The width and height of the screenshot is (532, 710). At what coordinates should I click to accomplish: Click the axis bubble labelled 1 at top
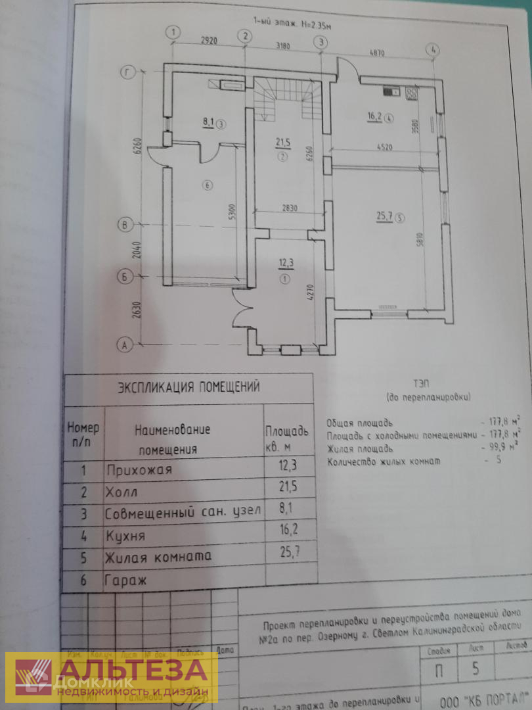pyautogui.click(x=173, y=32)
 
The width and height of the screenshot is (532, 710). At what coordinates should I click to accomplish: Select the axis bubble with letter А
pyautogui.click(x=122, y=344)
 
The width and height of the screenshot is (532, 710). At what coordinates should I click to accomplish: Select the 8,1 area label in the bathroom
pyautogui.click(x=210, y=122)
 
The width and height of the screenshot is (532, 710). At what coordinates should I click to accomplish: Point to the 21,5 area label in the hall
pyautogui.click(x=282, y=142)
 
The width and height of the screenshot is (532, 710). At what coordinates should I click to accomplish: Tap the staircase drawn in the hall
pyautogui.click(x=288, y=99)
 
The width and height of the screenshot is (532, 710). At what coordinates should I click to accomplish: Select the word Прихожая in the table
pyautogui.click(x=139, y=470)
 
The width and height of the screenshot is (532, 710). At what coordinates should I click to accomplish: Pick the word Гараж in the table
pyautogui.click(x=125, y=580)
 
